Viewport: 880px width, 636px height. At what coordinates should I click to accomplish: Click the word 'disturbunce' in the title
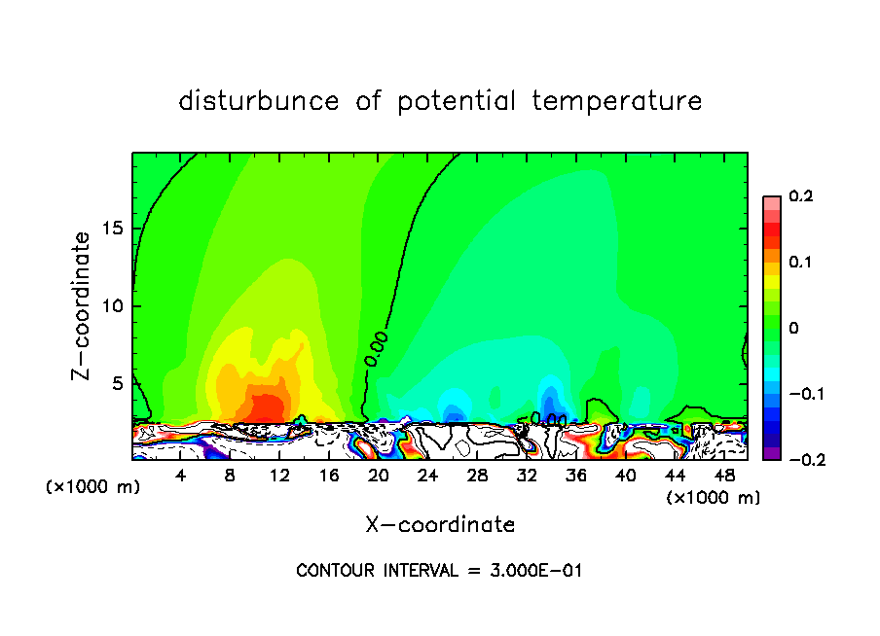(x=259, y=101)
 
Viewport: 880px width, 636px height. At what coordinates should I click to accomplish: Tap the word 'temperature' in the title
(x=617, y=101)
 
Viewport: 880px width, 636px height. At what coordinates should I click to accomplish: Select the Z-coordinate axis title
(x=82, y=305)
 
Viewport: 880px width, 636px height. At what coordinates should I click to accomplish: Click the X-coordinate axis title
(x=440, y=525)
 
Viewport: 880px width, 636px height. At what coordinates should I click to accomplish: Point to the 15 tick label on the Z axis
(x=113, y=229)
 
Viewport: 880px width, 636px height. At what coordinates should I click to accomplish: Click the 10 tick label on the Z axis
(x=113, y=306)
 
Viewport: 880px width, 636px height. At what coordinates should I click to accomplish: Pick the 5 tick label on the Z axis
(x=118, y=383)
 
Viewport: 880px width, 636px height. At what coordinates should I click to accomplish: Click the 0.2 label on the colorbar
(x=800, y=196)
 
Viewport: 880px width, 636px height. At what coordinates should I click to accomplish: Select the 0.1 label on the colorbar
(x=800, y=262)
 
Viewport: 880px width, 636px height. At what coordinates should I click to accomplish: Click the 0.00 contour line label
(x=377, y=348)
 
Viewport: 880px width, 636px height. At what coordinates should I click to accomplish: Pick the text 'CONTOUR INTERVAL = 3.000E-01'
(x=439, y=571)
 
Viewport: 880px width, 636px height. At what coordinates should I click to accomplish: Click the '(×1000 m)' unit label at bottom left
(x=93, y=487)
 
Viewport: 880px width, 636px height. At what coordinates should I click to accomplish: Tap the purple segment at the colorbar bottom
(x=771, y=452)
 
